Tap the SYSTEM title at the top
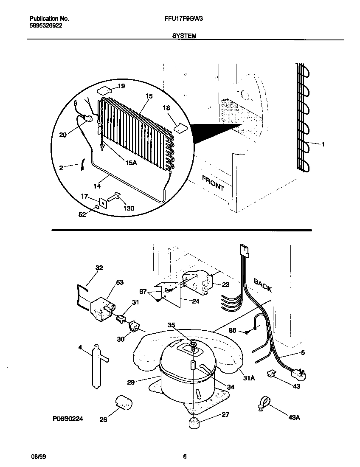coord(184,37)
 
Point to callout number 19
coord(121,86)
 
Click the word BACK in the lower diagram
coord(263,284)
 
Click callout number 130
coord(129,208)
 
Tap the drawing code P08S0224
coord(67,419)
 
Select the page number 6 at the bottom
coord(185,457)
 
